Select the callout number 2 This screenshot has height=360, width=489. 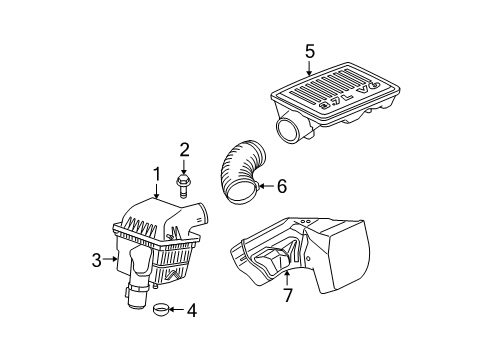point(184,150)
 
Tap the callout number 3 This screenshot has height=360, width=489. point(96,260)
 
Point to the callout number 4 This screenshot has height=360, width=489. point(191,310)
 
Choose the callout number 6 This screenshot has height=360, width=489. point(282,185)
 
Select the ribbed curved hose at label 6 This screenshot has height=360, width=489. point(238,175)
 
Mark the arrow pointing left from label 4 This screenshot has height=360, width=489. point(176,310)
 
